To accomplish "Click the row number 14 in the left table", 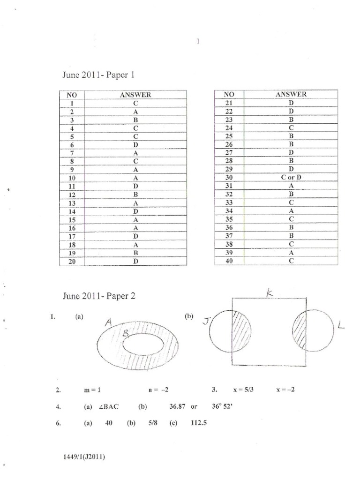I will coord(72,211).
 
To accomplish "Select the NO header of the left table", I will coord(72,95).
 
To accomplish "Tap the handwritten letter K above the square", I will coord(270,292).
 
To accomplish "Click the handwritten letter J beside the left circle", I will coord(205,322).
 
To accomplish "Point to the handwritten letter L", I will coord(340,324).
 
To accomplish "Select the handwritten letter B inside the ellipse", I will coord(126,334).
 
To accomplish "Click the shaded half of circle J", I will coord(241,330).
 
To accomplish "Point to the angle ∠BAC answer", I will coord(108,407).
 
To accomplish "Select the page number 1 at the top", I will coord(198,41).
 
